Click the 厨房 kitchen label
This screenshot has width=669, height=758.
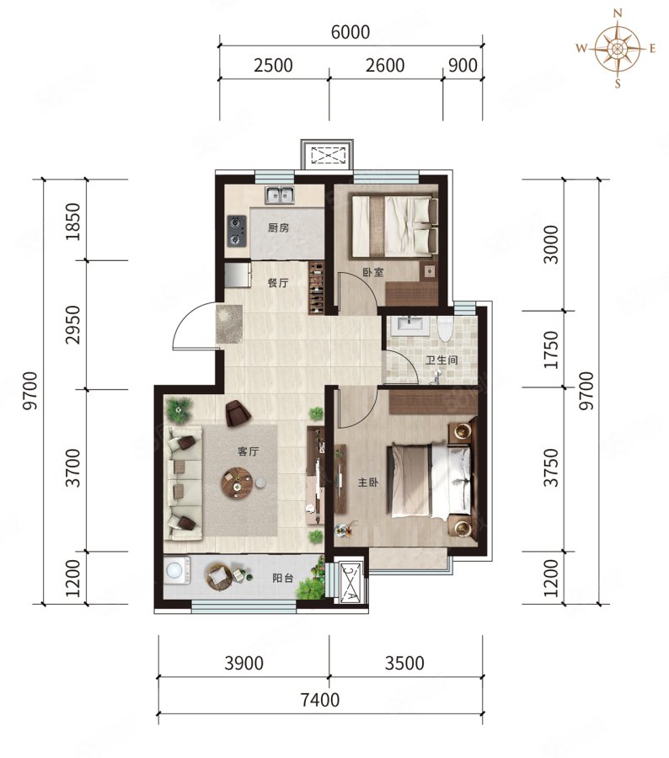pyautogui.click(x=278, y=227)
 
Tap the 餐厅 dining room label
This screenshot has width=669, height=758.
pyautogui.click(x=278, y=282)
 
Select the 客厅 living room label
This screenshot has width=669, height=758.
pyautogui.click(x=249, y=451)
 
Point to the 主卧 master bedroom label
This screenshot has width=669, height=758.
pyautogui.click(x=367, y=482)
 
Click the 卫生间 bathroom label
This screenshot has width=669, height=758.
pyautogui.click(x=442, y=360)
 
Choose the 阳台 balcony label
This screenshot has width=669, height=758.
pyautogui.click(x=282, y=578)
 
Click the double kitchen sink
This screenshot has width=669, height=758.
pyautogui.click(x=279, y=195)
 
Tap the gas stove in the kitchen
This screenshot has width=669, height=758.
pyautogui.click(x=237, y=230)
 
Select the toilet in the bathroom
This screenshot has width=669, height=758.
pyautogui.click(x=444, y=328)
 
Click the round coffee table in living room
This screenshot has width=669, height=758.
pyautogui.click(x=237, y=483)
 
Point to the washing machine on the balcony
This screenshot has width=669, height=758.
pyautogui.click(x=176, y=570)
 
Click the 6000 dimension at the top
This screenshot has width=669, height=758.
pyautogui.click(x=351, y=32)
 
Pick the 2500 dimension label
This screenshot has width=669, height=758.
pyautogui.click(x=273, y=65)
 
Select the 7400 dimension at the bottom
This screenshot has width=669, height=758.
pyautogui.click(x=319, y=700)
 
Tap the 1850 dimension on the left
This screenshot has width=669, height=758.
pyautogui.click(x=72, y=222)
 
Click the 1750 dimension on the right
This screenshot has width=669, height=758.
pyautogui.click(x=551, y=350)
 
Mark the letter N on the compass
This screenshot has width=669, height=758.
pyautogui.click(x=618, y=13)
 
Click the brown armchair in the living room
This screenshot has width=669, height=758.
pyautogui.click(x=238, y=414)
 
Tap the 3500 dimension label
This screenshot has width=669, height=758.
pyautogui.click(x=404, y=663)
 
